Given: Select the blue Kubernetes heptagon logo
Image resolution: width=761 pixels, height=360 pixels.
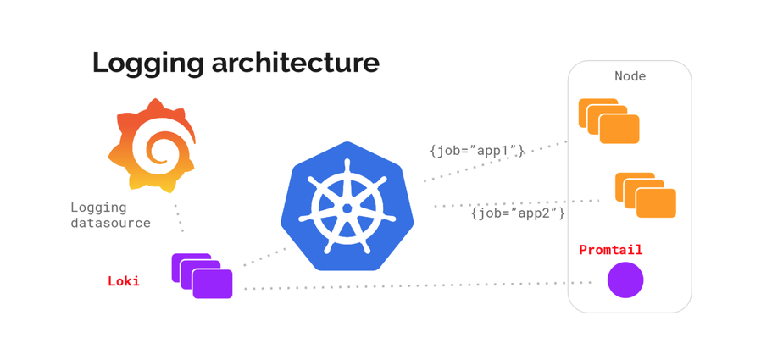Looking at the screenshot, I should click(x=347, y=207).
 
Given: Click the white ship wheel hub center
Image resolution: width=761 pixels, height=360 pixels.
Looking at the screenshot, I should click(x=347, y=208).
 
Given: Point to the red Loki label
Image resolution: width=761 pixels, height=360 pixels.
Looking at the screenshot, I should click(x=124, y=280).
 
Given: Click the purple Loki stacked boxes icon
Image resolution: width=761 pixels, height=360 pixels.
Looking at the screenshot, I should click(x=202, y=275).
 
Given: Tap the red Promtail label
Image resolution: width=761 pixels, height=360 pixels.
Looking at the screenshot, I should click(x=610, y=250).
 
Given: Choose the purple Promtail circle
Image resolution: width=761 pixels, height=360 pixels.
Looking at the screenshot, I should click(x=625, y=280).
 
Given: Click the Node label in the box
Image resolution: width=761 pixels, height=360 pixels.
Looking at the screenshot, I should click(x=630, y=76).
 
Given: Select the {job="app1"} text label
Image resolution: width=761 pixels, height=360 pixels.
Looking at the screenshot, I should click(x=476, y=151).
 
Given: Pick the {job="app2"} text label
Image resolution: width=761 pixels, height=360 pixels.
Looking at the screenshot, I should click(x=518, y=213).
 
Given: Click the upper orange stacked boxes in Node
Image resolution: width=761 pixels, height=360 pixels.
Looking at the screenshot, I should click(x=608, y=121).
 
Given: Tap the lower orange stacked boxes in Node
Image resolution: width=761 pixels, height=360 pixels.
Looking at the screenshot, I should click(x=645, y=195).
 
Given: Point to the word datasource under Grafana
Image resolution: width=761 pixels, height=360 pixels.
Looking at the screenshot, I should click(x=110, y=224).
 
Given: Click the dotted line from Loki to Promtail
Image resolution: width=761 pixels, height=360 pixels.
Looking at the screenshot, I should click(x=407, y=286).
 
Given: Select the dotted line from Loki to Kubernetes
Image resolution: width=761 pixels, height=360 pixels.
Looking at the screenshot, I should click(x=265, y=257).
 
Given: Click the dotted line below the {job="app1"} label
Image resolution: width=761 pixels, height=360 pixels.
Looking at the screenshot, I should click(x=492, y=163).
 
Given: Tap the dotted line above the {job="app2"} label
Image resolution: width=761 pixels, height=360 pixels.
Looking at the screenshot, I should click(x=517, y=203).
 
